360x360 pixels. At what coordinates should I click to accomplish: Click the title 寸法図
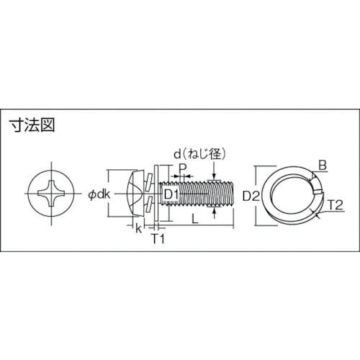point(32,125)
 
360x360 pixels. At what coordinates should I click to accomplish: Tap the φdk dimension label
point(99,194)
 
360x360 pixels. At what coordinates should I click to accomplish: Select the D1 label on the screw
point(171,194)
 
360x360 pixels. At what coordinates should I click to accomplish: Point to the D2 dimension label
point(251,196)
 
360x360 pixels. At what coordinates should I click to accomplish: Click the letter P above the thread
point(183,168)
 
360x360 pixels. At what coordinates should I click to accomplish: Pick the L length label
point(195,219)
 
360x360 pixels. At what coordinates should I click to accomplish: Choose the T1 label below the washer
point(158,239)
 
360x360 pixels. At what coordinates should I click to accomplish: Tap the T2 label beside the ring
point(336,205)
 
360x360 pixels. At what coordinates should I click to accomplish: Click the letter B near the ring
point(323,166)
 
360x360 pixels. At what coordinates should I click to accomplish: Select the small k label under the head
point(139,228)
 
